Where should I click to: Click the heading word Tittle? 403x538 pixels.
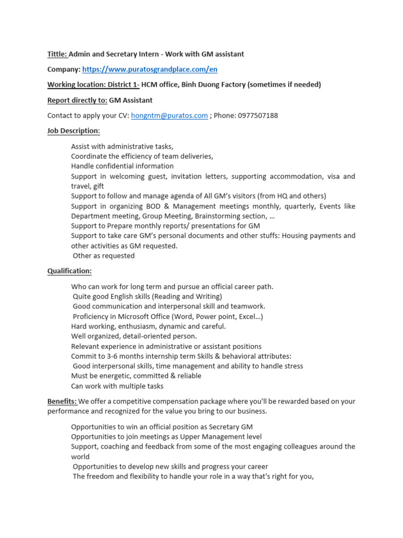[x=57, y=54]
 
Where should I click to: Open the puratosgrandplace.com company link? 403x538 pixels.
[x=150, y=69]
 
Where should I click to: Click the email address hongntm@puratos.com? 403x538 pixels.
[x=169, y=116]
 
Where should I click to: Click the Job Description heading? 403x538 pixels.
[x=73, y=131]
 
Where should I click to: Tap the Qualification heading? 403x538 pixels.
[x=69, y=271]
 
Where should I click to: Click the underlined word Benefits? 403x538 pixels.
[x=62, y=401]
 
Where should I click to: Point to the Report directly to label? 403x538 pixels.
[x=77, y=100]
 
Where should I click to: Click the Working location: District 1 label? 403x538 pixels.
[x=93, y=85]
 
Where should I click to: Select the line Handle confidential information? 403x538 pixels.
[x=122, y=166]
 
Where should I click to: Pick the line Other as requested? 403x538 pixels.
[x=104, y=256]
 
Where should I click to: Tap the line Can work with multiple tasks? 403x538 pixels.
[x=117, y=386]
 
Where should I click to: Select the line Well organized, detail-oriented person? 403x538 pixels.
[x=134, y=336]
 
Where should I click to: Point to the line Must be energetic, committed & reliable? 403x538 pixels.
[x=136, y=376]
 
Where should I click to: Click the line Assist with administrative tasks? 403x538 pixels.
[x=122, y=147]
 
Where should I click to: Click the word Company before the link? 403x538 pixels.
[x=63, y=69]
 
